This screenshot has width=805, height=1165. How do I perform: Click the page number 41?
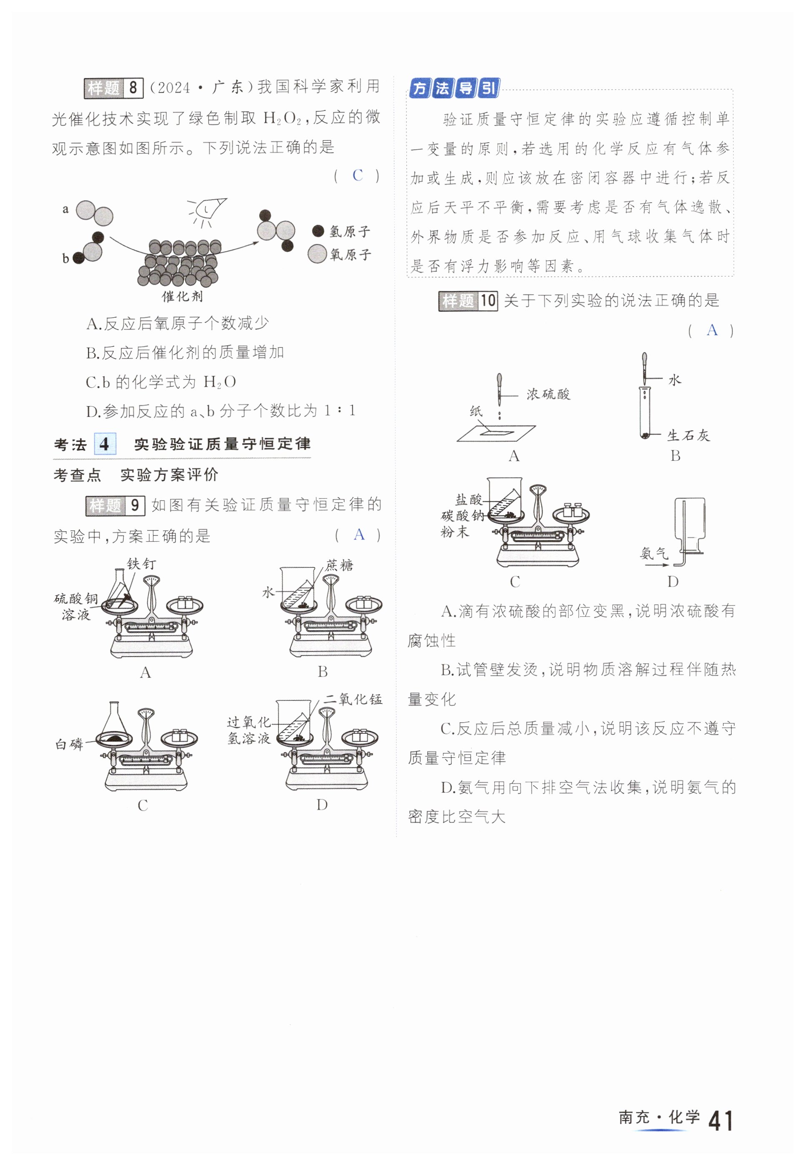click(720, 1121)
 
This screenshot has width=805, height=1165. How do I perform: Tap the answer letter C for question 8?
click(358, 176)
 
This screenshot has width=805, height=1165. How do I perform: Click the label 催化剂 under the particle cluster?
click(182, 296)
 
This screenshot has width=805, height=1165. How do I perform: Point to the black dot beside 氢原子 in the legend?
click(318, 231)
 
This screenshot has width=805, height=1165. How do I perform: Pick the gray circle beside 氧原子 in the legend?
click(317, 254)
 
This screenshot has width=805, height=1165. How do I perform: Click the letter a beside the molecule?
click(65, 209)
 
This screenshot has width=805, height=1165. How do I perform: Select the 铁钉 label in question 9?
click(141, 564)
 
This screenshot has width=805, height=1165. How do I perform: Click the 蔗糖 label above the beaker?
click(339, 565)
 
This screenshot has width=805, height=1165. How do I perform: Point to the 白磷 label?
click(69, 744)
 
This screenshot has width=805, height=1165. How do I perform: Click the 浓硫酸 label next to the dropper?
click(548, 394)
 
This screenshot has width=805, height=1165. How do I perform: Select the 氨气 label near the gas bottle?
click(654, 554)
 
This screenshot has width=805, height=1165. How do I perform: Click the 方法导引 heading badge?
click(454, 89)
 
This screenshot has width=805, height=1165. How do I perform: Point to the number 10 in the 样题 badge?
click(487, 301)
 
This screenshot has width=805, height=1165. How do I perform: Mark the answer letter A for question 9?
click(359, 535)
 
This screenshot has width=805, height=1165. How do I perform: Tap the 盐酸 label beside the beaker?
click(469, 500)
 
